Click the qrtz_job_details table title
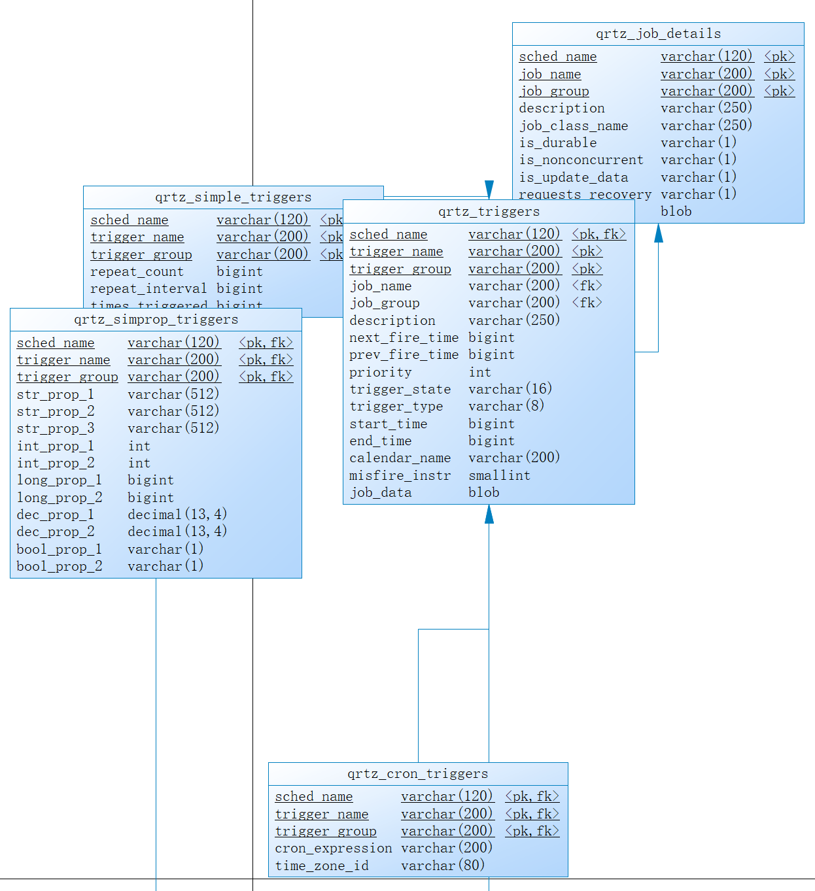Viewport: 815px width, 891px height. click(x=658, y=34)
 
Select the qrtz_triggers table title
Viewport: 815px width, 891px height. click(x=489, y=212)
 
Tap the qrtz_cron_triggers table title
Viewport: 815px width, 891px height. click(x=417, y=774)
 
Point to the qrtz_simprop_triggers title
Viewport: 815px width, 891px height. click(x=156, y=320)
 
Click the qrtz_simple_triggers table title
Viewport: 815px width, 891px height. click(x=233, y=197)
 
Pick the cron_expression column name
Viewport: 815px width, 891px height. click(x=334, y=849)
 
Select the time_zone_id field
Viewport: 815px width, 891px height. click(x=322, y=866)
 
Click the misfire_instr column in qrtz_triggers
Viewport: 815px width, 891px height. click(x=400, y=476)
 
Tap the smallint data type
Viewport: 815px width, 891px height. click(x=499, y=476)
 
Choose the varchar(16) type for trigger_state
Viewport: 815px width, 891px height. click(x=510, y=390)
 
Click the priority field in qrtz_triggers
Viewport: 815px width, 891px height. click(x=380, y=373)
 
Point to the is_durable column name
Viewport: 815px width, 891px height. click(x=557, y=143)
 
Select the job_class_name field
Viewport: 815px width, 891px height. click(x=573, y=126)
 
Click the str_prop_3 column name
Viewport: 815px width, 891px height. click(x=56, y=429)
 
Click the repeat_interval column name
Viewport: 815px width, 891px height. click(x=148, y=289)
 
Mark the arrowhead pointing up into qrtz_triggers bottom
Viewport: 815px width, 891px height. click(x=489, y=514)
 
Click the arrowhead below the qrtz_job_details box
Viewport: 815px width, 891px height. click(x=658, y=233)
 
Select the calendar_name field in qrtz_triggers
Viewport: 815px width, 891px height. click(x=400, y=458)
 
